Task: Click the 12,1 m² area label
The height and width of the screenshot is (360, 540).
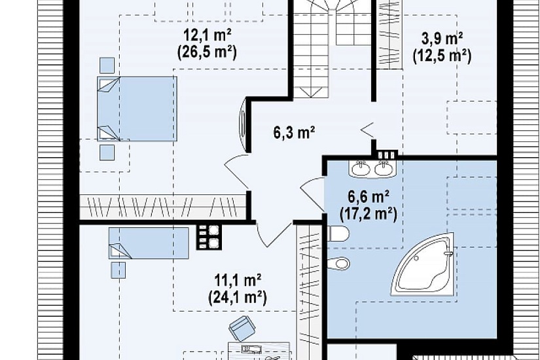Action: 207,35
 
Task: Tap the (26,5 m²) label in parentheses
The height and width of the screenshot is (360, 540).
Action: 207,53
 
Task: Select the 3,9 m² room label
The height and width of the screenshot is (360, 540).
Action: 442,39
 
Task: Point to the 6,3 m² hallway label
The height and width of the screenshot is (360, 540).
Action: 295,132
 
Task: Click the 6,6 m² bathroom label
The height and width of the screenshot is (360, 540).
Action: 369,197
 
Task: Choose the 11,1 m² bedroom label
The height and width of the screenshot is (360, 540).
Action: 238,280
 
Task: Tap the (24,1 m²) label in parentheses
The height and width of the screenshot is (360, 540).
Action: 238,297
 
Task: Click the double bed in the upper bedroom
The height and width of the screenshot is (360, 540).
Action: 137,109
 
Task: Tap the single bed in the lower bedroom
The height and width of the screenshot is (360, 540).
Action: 149,243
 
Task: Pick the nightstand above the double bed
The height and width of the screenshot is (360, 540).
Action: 107,65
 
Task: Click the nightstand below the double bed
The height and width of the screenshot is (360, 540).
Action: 107,153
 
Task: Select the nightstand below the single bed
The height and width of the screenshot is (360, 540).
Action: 118,270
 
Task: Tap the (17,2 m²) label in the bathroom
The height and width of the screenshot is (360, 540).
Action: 369,214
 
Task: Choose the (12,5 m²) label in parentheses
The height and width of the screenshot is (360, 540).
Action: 442,56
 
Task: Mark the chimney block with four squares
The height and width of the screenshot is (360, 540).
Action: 209,238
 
